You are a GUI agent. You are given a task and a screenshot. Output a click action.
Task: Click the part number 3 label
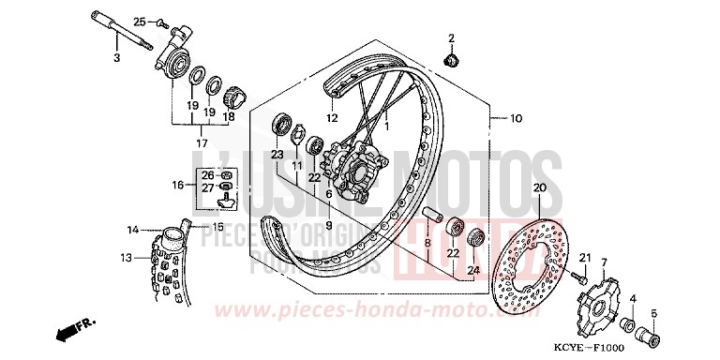(117, 59)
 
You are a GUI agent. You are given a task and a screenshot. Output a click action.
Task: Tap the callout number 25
(139, 21)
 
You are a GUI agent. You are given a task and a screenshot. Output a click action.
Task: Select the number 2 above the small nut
(450, 37)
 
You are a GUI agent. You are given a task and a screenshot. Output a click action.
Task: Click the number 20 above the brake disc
(538, 188)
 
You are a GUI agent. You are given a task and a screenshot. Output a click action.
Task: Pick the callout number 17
(202, 142)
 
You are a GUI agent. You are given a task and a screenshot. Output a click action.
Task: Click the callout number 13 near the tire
(125, 257)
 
